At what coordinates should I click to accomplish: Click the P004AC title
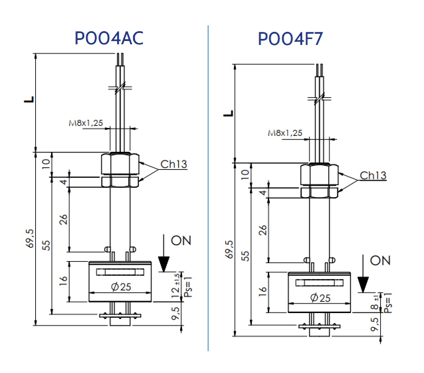click(x=109, y=38)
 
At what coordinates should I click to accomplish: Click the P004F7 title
click(x=290, y=39)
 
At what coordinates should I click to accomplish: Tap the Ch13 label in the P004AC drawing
click(x=173, y=164)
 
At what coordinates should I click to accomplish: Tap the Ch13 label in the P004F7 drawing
click(x=373, y=176)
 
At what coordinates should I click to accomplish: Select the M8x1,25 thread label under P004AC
click(x=86, y=123)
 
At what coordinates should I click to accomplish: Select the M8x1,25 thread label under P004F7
click(x=285, y=133)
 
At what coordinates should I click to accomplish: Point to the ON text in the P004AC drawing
click(x=181, y=240)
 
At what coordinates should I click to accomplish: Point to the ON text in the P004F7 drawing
click(x=380, y=260)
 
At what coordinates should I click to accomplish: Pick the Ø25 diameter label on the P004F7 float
click(x=320, y=298)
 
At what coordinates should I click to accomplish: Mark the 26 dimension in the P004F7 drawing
click(x=263, y=230)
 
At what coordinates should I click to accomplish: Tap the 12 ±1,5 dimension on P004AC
click(x=176, y=285)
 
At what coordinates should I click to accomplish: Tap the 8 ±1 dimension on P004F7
click(x=375, y=303)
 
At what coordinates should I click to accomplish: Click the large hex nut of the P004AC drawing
click(x=120, y=164)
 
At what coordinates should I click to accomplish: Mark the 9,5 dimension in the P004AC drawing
click(x=175, y=313)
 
